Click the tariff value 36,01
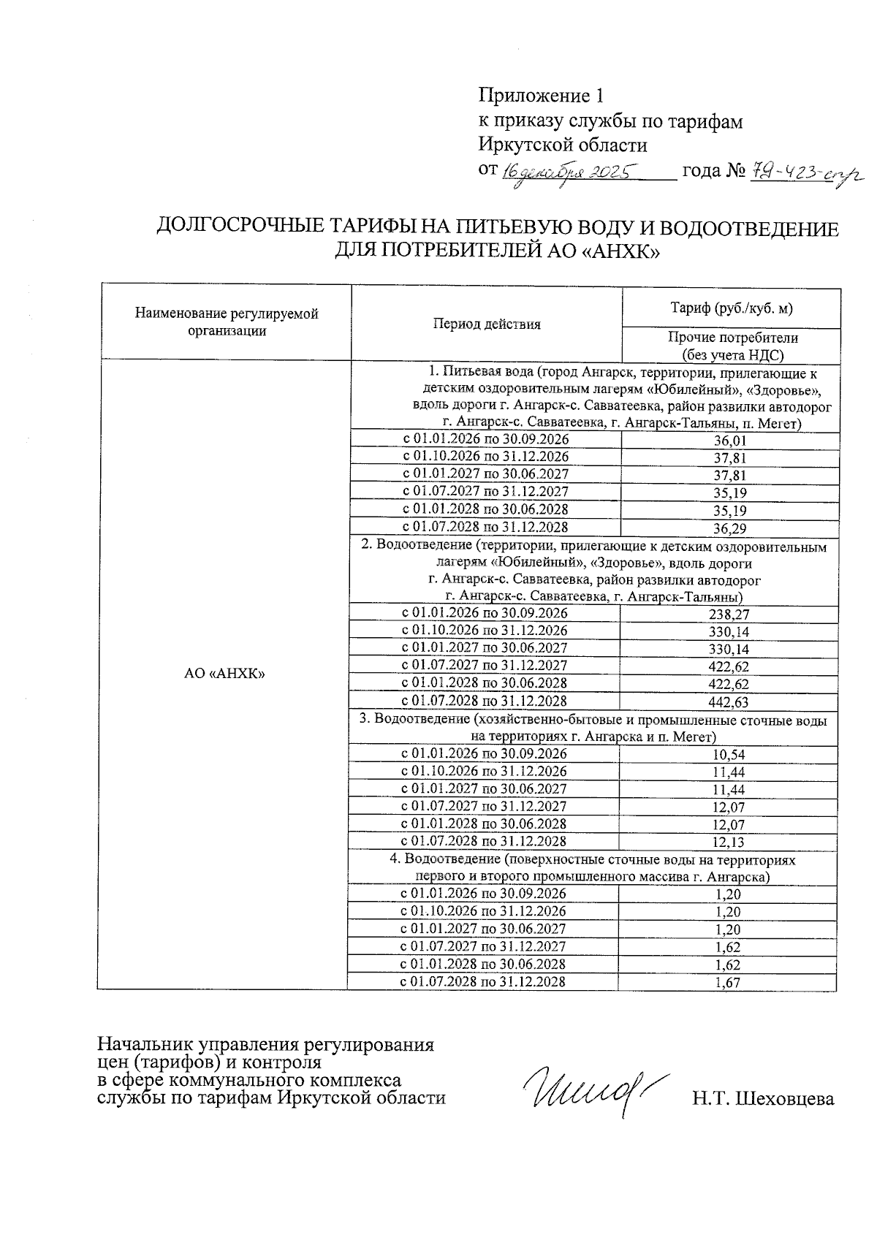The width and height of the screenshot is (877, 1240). [x=729, y=441]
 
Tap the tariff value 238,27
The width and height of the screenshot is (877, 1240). [x=729, y=615]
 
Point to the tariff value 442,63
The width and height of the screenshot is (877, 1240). [x=729, y=703]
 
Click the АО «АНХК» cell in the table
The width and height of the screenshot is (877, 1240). [x=224, y=674]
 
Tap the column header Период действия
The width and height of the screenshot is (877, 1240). [x=486, y=324]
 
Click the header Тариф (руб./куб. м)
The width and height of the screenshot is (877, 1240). [x=731, y=308]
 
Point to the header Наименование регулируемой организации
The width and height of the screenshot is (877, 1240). [x=227, y=322]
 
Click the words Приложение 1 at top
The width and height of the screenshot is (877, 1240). [x=542, y=96]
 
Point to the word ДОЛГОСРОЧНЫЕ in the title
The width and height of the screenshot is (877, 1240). [x=238, y=229]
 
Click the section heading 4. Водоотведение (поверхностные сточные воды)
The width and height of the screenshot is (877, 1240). [x=592, y=861]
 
